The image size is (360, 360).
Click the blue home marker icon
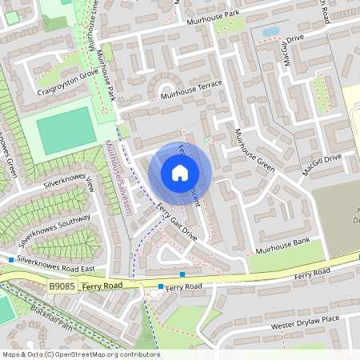tap(180, 173)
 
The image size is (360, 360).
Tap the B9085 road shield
tap(62, 285)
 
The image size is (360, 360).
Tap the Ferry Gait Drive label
tap(176, 223)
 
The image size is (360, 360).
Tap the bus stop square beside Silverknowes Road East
tap(11, 260)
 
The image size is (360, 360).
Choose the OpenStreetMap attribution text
tap(80, 354)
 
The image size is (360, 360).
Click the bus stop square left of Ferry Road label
tap(161, 286)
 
